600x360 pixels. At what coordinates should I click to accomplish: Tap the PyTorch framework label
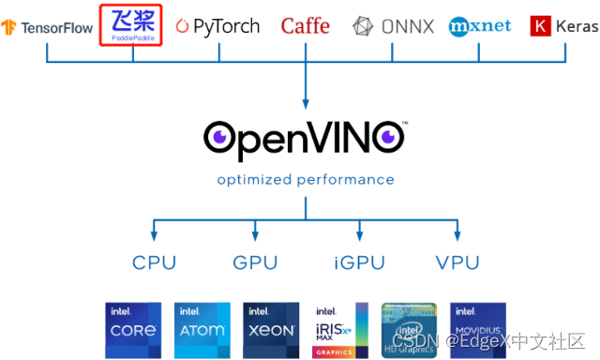(x=217, y=26)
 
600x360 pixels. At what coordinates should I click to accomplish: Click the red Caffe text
(x=306, y=26)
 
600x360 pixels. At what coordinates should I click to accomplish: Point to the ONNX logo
(x=393, y=26)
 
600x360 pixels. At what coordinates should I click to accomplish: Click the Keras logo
(x=562, y=26)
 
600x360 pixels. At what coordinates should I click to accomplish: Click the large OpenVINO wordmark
(x=305, y=137)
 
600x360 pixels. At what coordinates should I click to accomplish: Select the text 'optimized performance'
(x=306, y=179)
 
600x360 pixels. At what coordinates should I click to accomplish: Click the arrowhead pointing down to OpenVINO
(x=306, y=104)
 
